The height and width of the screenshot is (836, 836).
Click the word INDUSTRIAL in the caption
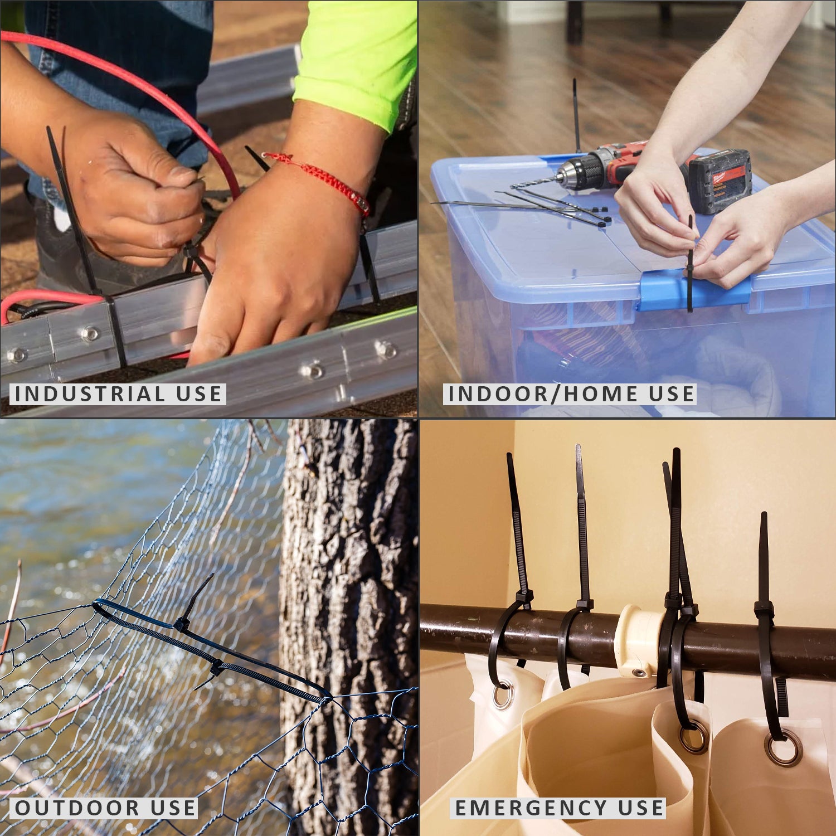pos(89,394)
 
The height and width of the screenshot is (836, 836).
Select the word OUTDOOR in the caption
pos(77,808)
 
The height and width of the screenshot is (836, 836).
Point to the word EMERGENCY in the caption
pos(531,808)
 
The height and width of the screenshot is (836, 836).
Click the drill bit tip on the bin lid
pos(516,186)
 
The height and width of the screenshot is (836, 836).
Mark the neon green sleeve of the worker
pos(357,56)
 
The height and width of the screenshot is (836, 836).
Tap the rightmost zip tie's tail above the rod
pos(764,557)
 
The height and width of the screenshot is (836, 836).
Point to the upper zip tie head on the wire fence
pos(182,624)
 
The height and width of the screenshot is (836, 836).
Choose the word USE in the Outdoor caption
pos(173,808)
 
